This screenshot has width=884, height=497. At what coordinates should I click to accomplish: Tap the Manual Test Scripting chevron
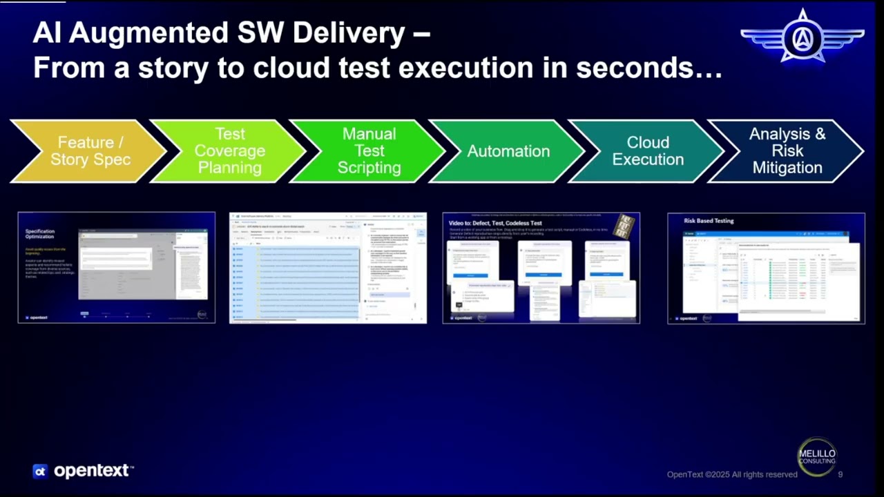click(x=369, y=151)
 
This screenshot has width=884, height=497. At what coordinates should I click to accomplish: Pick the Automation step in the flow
click(x=508, y=151)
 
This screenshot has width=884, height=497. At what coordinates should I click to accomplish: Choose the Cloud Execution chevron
click(x=648, y=151)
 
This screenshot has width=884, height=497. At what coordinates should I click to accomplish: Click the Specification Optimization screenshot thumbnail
click(x=116, y=268)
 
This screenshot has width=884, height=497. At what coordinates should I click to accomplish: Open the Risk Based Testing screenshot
click(x=766, y=268)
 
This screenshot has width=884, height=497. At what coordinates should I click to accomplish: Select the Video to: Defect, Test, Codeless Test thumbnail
click(x=541, y=268)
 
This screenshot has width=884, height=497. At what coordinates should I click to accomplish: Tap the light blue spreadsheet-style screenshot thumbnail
click(x=328, y=268)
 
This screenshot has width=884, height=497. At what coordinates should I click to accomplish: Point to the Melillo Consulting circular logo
click(x=817, y=456)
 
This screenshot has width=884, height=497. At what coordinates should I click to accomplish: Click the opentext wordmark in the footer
click(x=93, y=471)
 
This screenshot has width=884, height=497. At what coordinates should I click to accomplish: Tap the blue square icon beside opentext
click(x=40, y=471)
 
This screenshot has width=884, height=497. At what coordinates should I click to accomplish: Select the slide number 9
click(x=840, y=475)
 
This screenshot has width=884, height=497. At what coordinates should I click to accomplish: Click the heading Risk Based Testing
click(x=709, y=221)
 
